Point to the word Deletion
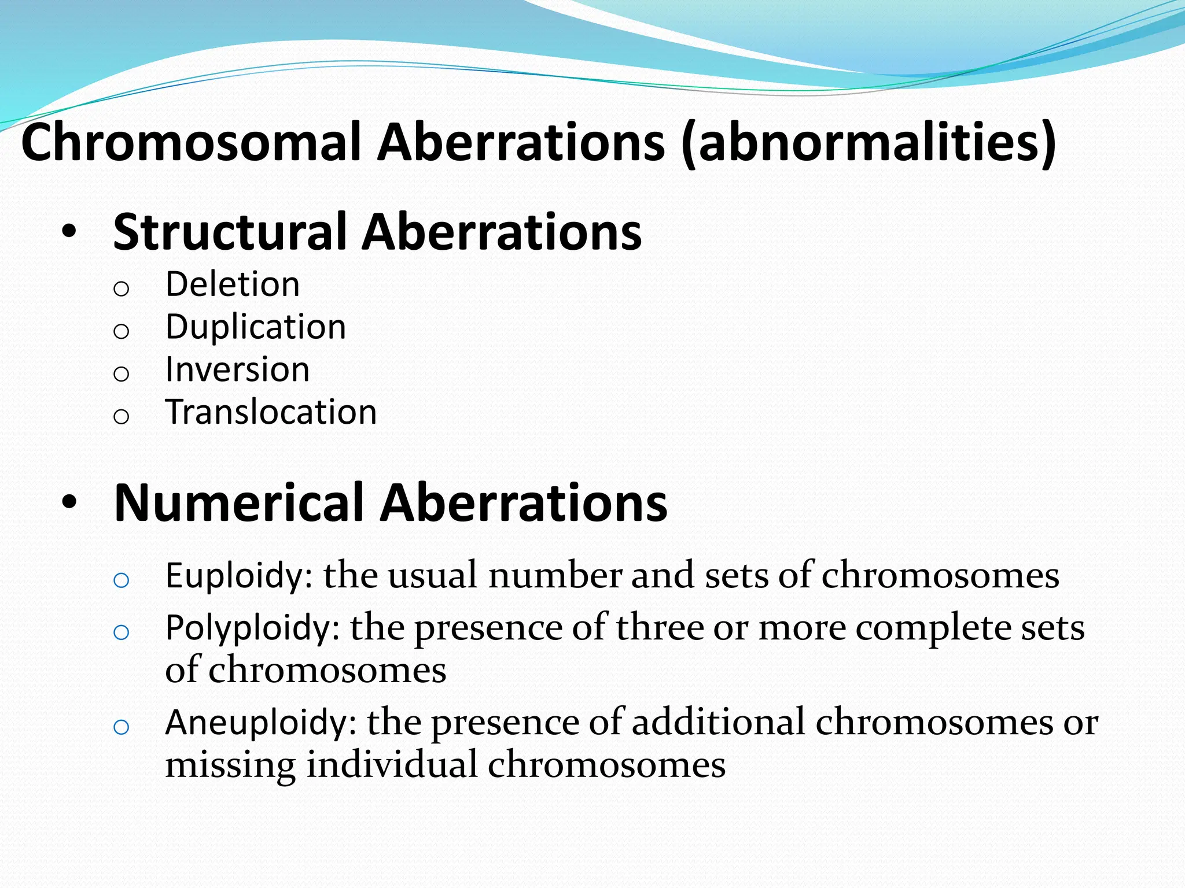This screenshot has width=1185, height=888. [233, 284]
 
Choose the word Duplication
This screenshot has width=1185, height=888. [256, 327]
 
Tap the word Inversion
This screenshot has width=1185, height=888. [237, 369]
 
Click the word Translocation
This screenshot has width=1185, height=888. [271, 412]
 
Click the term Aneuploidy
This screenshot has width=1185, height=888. [260, 723]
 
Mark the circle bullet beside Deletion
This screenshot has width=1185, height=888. [121, 288]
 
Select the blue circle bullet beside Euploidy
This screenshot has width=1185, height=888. [121, 580]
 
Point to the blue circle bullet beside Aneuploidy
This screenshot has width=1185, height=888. [121, 727]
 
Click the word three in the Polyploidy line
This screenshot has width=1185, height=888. [660, 628]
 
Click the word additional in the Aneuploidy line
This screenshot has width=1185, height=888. [718, 723]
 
